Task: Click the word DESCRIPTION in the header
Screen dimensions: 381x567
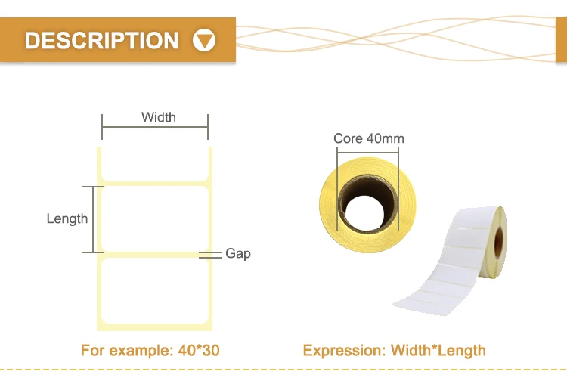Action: coord(101,40)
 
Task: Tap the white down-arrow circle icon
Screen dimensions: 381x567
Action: coord(204,40)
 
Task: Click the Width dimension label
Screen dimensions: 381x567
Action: coord(158,117)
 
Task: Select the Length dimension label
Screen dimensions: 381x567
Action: coord(67,219)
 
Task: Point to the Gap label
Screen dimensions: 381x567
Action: coord(238,254)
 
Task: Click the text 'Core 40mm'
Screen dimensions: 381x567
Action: coord(368,138)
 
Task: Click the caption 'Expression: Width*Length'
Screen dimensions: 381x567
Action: coord(394,351)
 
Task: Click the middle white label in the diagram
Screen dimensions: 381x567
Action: coord(155,219)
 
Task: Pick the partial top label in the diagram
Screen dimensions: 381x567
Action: coord(155,165)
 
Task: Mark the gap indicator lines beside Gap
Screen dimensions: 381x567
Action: coord(210,256)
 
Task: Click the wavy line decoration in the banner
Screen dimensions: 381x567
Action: coord(401,38)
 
